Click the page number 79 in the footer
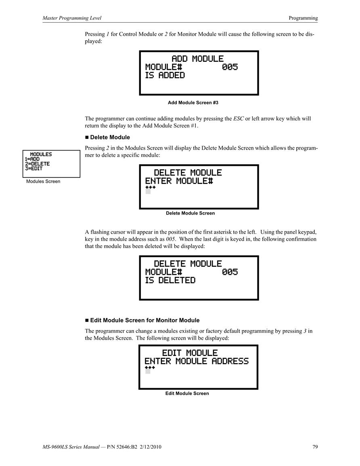[x=315, y=447]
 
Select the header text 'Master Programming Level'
[x=72, y=18]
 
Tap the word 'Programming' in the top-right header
[x=303, y=18]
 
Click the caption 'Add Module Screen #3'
[x=193, y=102]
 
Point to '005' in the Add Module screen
[x=230, y=67]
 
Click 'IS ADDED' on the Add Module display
[x=165, y=75]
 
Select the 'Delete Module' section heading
[x=110, y=137]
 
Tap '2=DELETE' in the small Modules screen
[x=37, y=164]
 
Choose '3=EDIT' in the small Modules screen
[x=33, y=169]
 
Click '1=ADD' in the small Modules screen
[x=32, y=159]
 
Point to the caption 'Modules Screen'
[x=43, y=181]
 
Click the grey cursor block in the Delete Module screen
[x=148, y=191]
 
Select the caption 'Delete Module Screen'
[x=190, y=213]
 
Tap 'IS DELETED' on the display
[x=170, y=280]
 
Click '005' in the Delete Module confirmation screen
[x=230, y=272]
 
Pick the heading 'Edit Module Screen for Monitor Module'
[x=145, y=320]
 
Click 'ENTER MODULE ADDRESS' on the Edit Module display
[x=197, y=361]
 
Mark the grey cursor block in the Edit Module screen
[x=148, y=371]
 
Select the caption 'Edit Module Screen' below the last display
[x=187, y=393]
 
